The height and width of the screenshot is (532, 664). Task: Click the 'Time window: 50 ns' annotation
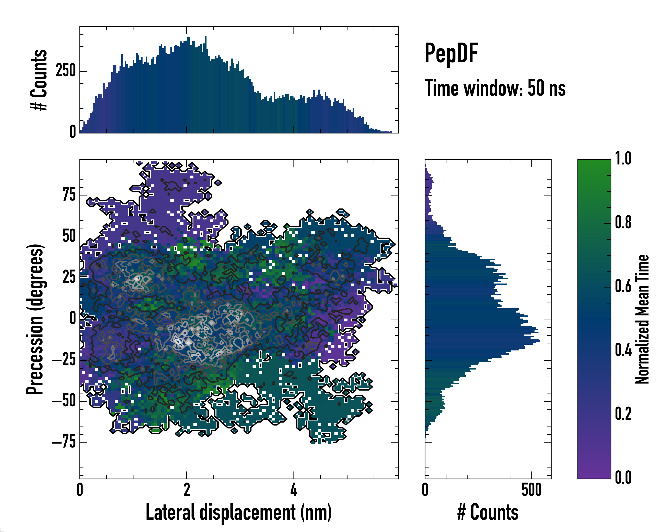click(495, 88)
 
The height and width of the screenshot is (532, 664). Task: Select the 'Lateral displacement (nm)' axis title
click(239, 512)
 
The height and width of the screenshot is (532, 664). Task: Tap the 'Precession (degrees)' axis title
click(35, 319)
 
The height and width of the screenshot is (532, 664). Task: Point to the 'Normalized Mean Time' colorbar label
click(642, 319)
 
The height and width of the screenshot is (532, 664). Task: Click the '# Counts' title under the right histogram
click(488, 512)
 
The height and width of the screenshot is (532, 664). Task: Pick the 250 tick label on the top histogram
click(66, 71)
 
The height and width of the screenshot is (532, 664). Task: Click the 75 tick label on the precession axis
click(69, 195)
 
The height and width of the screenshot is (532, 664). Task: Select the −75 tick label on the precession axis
click(64, 442)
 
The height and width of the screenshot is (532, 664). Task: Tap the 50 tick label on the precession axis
click(69, 237)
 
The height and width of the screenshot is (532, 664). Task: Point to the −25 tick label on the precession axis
click(64, 360)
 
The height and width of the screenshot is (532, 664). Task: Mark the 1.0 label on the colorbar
click(623, 159)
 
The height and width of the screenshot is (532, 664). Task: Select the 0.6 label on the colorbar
click(623, 287)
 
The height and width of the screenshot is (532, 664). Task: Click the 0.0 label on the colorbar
click(623, 478)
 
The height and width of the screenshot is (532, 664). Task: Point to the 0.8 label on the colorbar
click(623, 223)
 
